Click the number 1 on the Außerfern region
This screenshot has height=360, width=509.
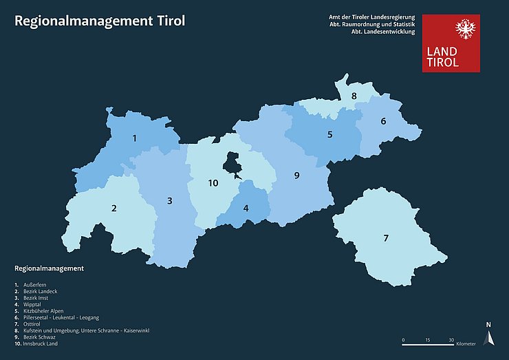[x=135, y=138]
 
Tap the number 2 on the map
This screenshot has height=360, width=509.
[x=114, y=208]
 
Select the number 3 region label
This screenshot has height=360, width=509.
[x=169, y=201]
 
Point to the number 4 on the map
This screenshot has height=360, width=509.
[x=246, y=208]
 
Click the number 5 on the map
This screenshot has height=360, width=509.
[x=329, y=134]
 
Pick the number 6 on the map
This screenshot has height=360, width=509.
[x=383, y=122]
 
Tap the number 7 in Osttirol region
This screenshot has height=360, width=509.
[x=386, y=238]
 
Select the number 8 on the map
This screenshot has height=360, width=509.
[x=354, y=96]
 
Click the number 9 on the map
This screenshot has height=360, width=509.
[x=297, y=176]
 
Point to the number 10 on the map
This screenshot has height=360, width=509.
[x=213, y=183]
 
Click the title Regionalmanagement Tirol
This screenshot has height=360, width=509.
[x=100, y=21]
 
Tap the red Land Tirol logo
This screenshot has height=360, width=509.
[x=451, y=43]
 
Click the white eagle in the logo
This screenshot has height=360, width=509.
[x=466, y=30]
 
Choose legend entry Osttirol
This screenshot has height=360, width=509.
[x=34, y=324]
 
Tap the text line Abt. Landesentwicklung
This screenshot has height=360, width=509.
[x=382, y=32]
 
